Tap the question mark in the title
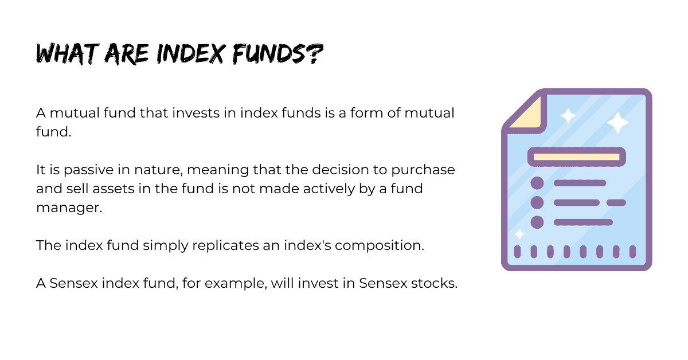coord(315,54)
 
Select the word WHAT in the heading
coord(68,54)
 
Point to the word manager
coord(69,208)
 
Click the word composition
coord(380,246)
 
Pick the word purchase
coord(423,170)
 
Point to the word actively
coord(329,189)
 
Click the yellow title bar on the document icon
coord(577,156)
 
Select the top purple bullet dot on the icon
coord(537,183)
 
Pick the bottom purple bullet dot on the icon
coord(537,222)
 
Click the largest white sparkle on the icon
coord(617,122)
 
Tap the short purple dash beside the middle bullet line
coord(616,202)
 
